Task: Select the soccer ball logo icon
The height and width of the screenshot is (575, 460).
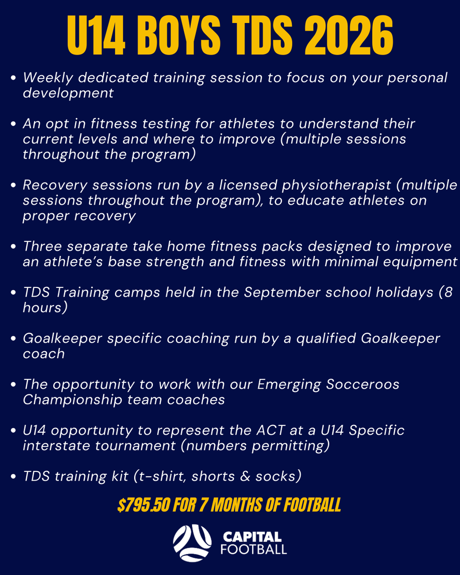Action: pos(192,543)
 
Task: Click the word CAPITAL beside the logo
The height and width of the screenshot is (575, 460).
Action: pos(252,537)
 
